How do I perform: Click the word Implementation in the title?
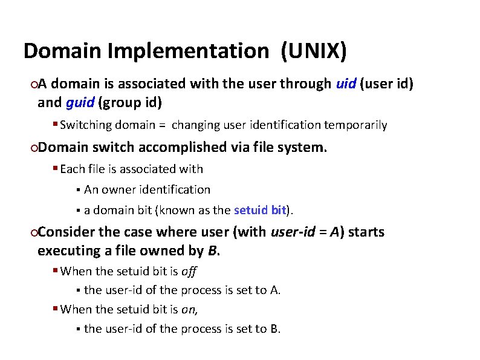coord(187,51)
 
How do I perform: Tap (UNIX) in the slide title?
coord(314,51)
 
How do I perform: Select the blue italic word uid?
coord(345,83)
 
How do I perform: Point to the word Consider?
coord(66,232)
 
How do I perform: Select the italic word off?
coord(189,271)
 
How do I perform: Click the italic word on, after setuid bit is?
coord(190,309)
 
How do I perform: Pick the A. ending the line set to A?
coord(275,290)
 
